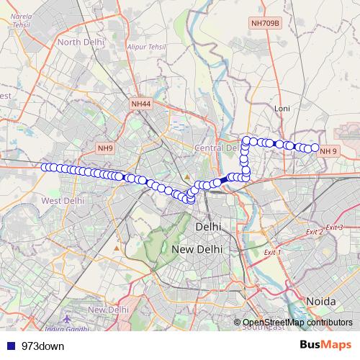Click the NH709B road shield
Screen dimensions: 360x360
click(264, 24)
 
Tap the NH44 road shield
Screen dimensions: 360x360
click(141, 104)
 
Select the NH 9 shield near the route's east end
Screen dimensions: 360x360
click(328, 150)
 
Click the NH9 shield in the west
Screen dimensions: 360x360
click(106, 148)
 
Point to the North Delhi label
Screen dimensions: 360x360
click(81, 42)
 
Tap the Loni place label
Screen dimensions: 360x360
click(282, 109)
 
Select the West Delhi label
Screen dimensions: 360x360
click(64, 200)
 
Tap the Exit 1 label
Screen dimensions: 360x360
click(272, 253)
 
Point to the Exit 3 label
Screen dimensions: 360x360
click(334, 228)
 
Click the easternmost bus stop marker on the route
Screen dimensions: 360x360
click(315, 148)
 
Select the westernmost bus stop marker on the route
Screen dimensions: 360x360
click(45, 167)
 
